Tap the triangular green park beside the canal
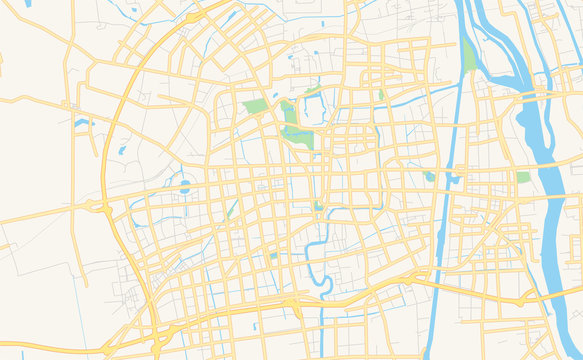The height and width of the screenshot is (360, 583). pos(469,56)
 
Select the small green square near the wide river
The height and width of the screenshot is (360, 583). pos(523,177)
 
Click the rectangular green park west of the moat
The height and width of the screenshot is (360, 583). pos(255,106)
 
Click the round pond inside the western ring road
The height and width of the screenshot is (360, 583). pos(184,187)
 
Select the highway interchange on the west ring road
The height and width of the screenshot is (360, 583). pos(99,206)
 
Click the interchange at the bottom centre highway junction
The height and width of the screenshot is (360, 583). pos(293,300)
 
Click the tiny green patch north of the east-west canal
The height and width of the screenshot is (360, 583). pos(380,95)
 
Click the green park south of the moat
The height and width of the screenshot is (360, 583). pos(298,137)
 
